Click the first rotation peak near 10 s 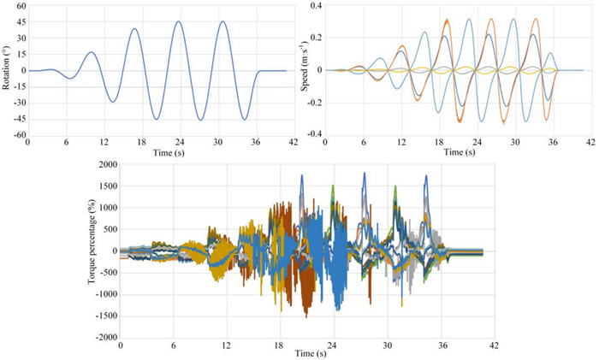click(x=92, y=52)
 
